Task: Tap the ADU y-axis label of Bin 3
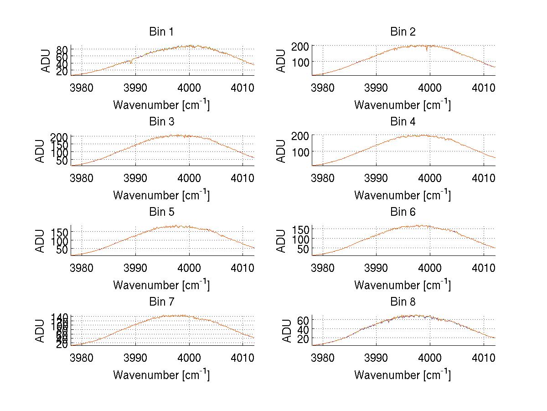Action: [x=41, y=151]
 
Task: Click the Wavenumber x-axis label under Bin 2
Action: [x=403, y=105]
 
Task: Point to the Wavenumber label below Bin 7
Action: [x=161, y=375]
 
